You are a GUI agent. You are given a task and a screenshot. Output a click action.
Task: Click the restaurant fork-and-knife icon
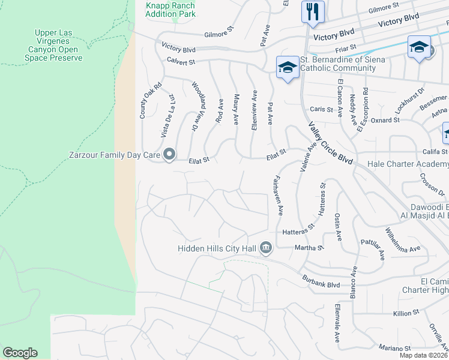(313, 11)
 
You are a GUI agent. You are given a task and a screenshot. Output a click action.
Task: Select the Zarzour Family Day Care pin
(169, 155)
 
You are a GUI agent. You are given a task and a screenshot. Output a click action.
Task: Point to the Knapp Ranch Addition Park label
(170, 9)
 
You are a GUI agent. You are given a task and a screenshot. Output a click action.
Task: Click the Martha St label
(310, 247)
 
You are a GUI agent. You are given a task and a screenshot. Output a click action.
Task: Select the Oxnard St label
(387, 120)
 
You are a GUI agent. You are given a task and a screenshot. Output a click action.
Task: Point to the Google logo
(20, 353)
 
